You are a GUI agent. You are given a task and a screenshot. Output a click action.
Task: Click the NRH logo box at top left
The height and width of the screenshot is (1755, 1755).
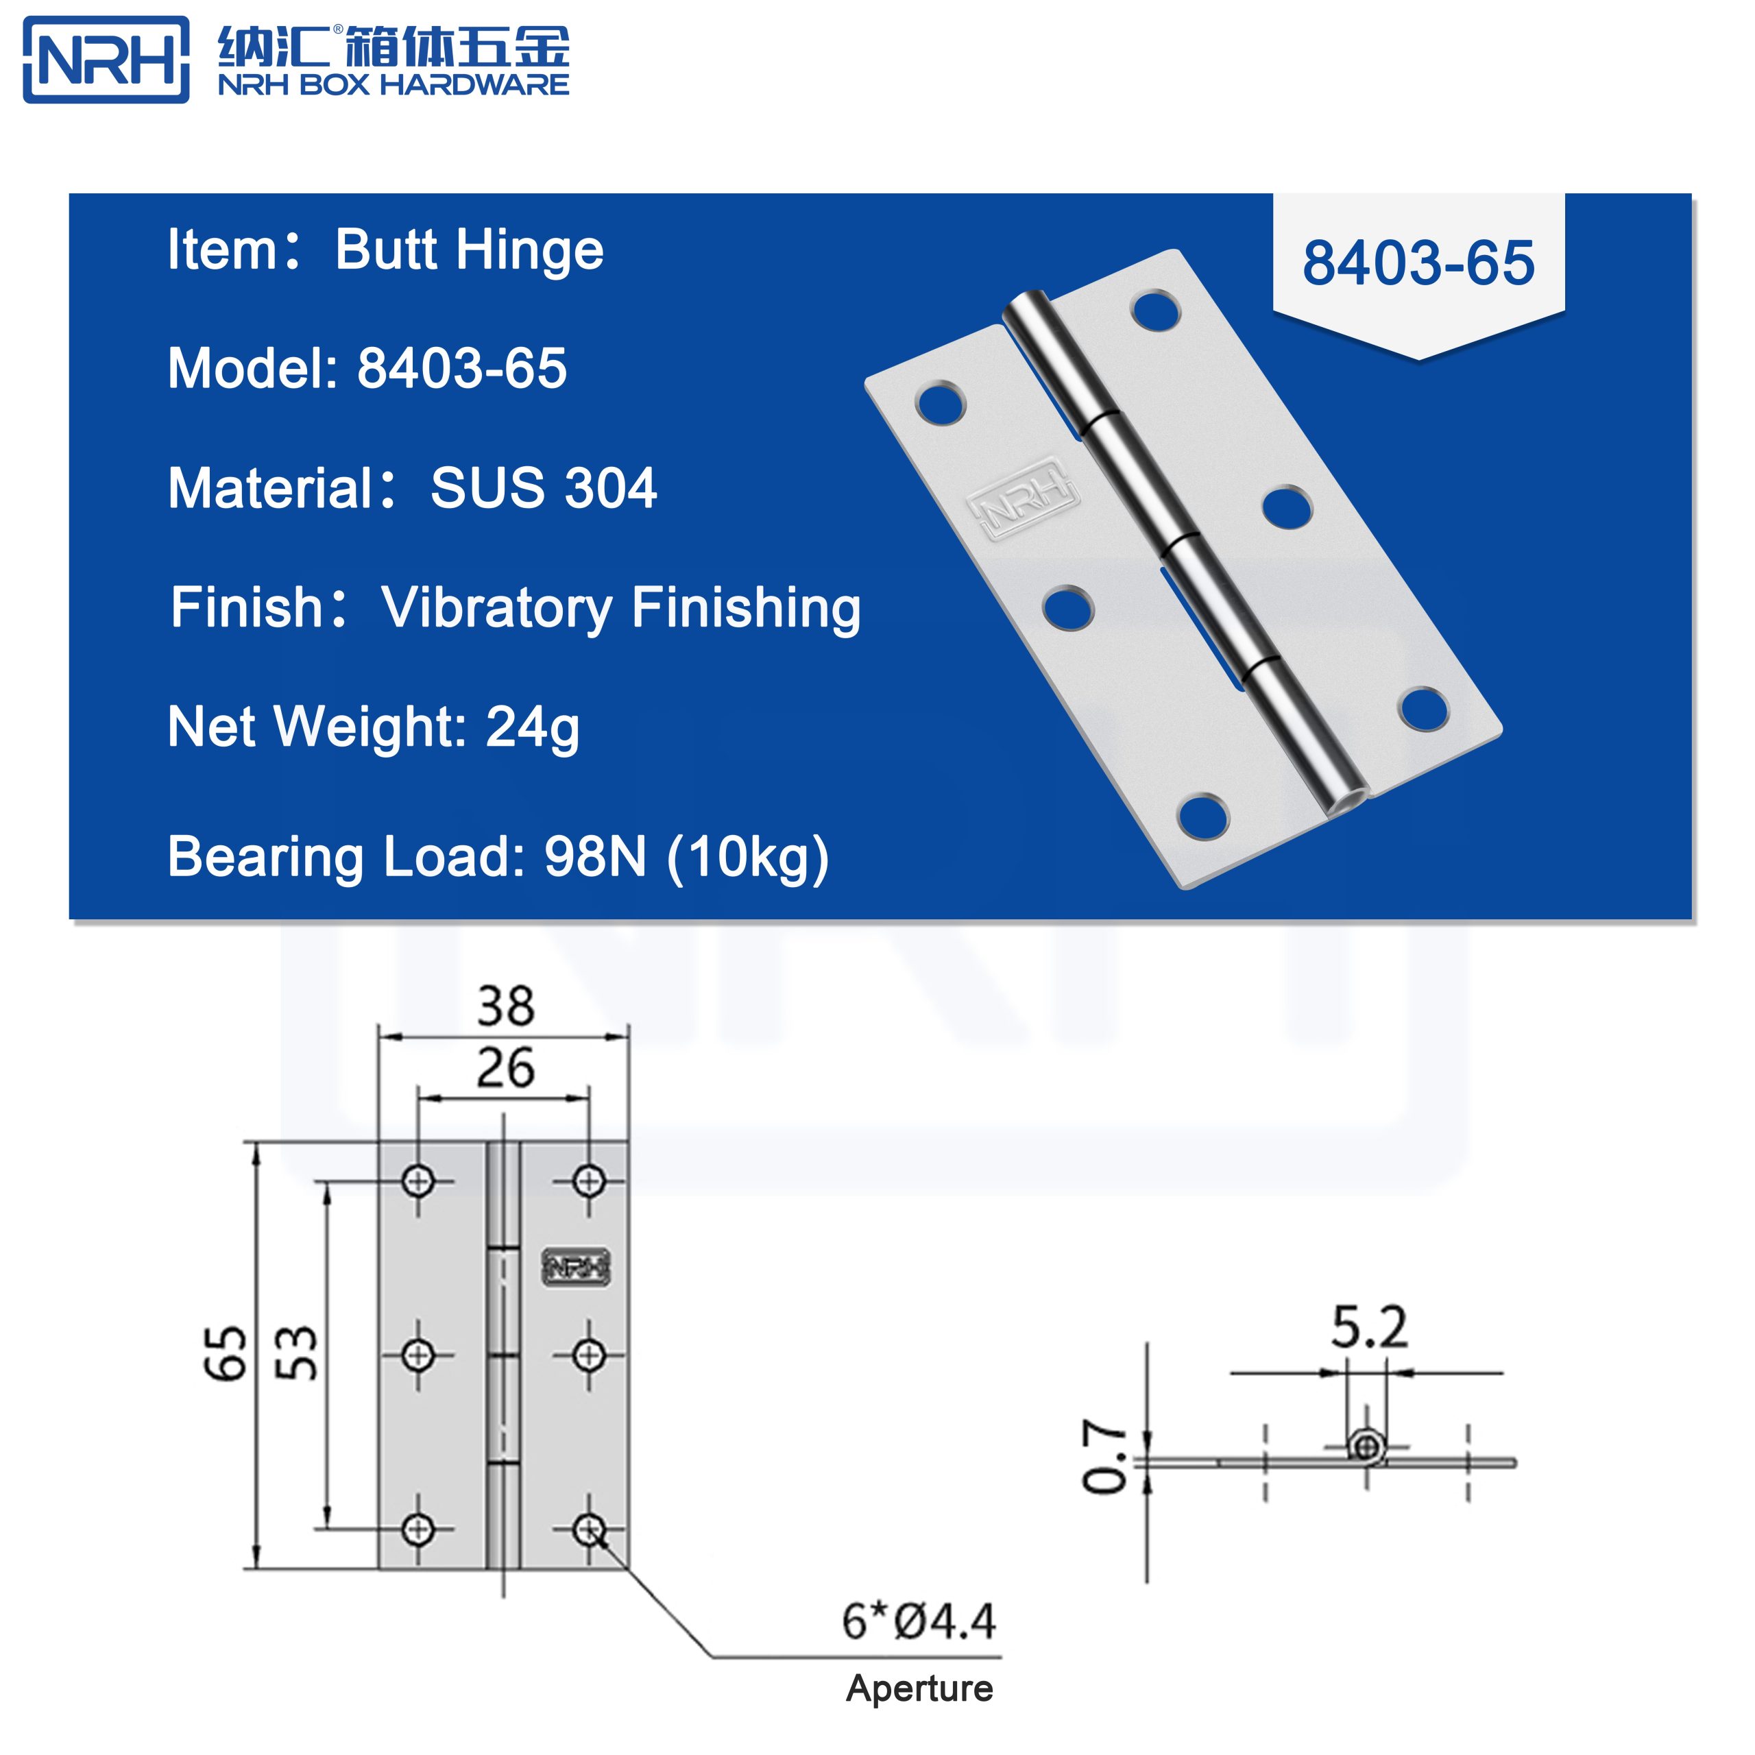[106, 60]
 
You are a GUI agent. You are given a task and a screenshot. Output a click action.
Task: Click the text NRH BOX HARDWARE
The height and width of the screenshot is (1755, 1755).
[394, 86]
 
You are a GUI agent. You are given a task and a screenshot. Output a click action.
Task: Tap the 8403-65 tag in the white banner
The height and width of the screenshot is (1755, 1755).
[1418, 263]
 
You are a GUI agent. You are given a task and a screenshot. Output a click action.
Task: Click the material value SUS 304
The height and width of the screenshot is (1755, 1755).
[543, 488]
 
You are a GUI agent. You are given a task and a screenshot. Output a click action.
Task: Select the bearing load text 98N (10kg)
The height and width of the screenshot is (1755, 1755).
[686, 857]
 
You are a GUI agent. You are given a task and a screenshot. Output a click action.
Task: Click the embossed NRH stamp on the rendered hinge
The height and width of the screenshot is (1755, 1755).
[1023, 498]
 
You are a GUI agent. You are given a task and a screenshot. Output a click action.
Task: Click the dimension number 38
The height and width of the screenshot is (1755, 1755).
[506, 1006]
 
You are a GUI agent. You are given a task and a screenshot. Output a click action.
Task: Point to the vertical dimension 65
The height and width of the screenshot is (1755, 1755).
[224, 1353]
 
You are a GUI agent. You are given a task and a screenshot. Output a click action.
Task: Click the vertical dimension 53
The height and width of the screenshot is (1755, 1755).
[296, 1353]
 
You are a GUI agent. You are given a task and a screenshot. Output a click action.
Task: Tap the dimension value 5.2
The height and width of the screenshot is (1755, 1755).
[1369, 1328]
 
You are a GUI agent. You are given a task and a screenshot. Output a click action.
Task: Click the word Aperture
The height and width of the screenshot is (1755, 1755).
[919, 1689]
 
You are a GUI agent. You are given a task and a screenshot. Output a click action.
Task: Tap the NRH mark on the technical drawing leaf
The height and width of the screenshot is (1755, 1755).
[576, 1267]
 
